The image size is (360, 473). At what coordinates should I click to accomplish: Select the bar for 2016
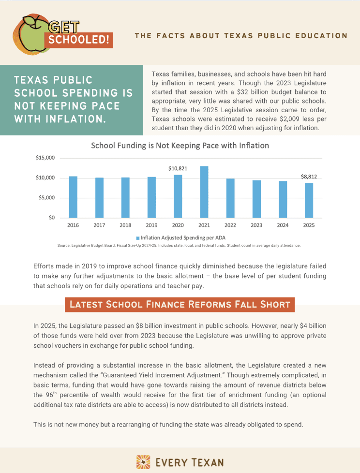pos(73,197)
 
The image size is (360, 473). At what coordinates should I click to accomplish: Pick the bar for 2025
pos(309,200)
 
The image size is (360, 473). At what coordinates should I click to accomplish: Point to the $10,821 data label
pos(178,168)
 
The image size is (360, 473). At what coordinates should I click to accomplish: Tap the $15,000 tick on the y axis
pos(45,158)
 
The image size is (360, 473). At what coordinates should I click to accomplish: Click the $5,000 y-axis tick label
pos(46,198)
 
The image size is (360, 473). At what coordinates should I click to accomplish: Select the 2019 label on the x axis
pos(151,225)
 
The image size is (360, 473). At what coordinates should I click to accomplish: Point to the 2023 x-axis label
pos(256,225)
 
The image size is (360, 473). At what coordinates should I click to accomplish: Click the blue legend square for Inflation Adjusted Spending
pos(137,238)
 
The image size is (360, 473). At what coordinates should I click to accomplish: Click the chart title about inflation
pos(180,145)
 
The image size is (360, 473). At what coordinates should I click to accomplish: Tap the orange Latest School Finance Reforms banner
pos(180,304)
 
